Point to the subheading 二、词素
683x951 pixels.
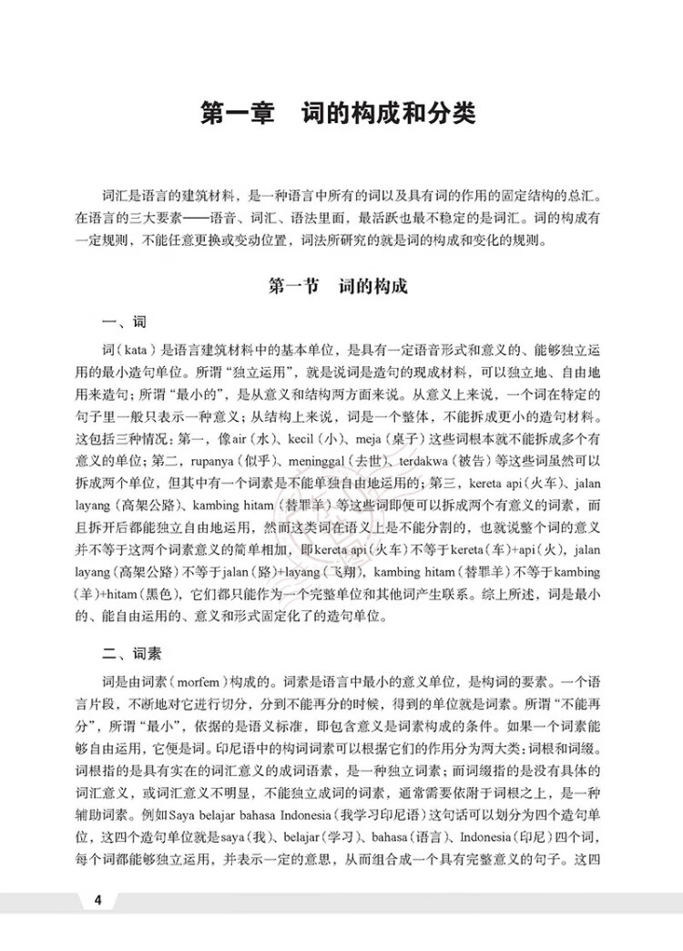coord(132,652)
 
